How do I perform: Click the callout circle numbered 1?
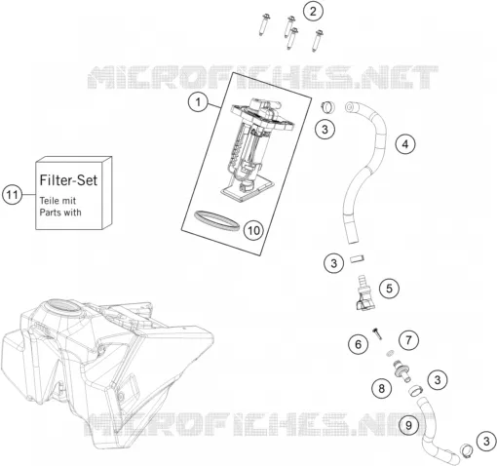(198, 102)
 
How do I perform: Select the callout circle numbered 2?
(313, 12)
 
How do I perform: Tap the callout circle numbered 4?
(405, 143)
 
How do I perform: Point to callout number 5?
(389, 289)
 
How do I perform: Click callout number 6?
(359, 344)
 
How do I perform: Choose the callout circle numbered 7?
(408, 340)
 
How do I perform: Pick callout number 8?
(381, 388)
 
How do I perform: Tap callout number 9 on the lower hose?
(408, 425)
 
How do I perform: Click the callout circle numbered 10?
(253, 230)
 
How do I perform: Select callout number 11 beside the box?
(13, 195)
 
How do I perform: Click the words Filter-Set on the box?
(68, 180)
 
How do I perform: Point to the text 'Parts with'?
(60, 213)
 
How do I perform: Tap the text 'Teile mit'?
(57, 201)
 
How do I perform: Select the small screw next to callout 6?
(377, 333)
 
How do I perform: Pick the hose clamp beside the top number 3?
(327, 107)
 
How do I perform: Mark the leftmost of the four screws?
(263, 24)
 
